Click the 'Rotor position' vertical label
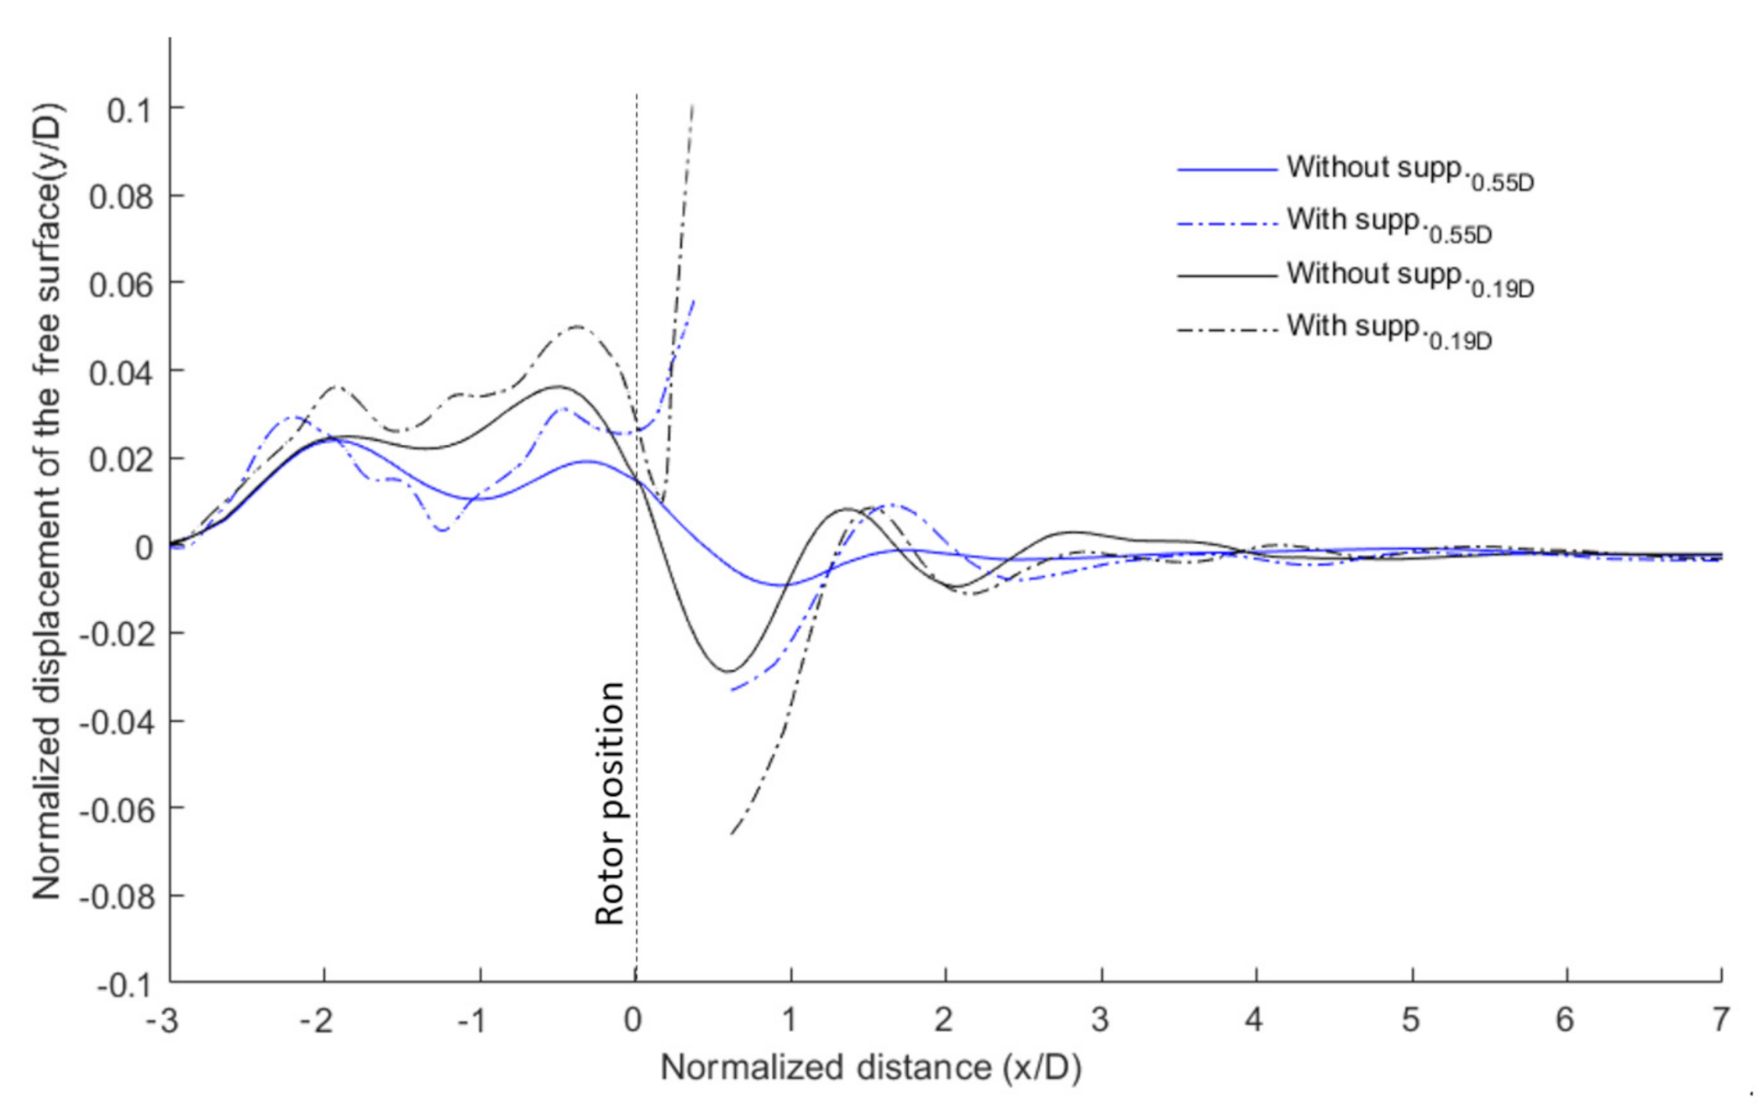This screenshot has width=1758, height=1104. pyautogui.click(x=610, y=803)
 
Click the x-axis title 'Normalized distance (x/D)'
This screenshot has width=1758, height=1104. pyautogui.click(x=870, y=1068)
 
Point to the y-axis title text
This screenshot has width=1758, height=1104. pyautogui.click(x=47, y=502)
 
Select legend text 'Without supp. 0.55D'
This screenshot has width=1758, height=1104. pyautogui.click(x=1409, y=170)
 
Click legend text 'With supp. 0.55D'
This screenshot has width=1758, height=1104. pyautogui.click(x=1388, y=223)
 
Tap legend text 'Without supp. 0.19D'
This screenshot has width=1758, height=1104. pyautogui.click(x=1409, y=277)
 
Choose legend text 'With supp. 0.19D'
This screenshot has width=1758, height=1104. pyautogui.click(x=1388, y=329)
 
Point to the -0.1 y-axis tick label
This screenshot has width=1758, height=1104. pyautogui.click(x=117, y=985)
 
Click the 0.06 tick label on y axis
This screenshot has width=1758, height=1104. pyautogui.click(x=122, y=285)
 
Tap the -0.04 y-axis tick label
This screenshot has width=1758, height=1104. pyautogui.click(x=117, y=722)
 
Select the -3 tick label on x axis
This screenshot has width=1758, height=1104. pyautogui.click(x=163, y=1020)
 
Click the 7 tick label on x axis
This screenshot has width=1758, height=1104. pyautogui.click(x=1721, y=1020)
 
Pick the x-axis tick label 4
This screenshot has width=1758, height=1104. pyautogui.click(x=1254, y=1020)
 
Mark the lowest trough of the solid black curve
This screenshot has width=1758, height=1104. pyautogui.click(x=727, y=671)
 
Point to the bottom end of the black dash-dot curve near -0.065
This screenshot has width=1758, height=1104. pyautogui.click(x=732, y=833)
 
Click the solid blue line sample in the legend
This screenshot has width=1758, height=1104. pyautogui.click(x=1226, y=170)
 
